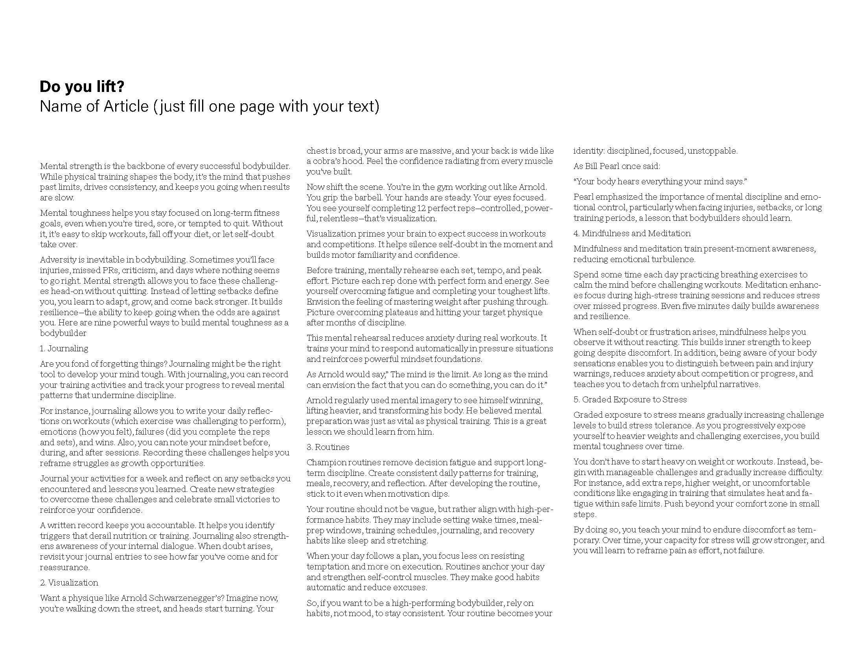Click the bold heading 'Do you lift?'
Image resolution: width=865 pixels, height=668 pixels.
pos(82,87)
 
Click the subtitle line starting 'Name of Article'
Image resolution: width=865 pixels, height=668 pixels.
pos(209,106)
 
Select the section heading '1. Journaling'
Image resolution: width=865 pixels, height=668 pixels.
pos(64,349)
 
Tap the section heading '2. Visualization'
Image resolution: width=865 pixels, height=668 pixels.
pos(69,582)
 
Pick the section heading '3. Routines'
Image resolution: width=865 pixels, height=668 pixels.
pos(328,447)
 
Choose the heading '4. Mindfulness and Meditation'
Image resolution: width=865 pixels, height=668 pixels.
pos(632,233)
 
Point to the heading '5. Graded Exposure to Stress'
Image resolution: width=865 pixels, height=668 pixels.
pos(630,400)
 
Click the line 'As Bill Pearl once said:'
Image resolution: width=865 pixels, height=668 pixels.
pos(617,166)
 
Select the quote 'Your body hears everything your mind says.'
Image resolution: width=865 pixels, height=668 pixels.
pos(660,182)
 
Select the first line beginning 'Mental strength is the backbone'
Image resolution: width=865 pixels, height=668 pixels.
pos(165,166)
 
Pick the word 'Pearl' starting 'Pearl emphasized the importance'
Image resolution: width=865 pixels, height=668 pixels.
pos(583,197)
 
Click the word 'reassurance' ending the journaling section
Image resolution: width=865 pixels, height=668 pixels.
pos(64,567)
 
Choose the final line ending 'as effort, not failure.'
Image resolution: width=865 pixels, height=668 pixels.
pos(668,551)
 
